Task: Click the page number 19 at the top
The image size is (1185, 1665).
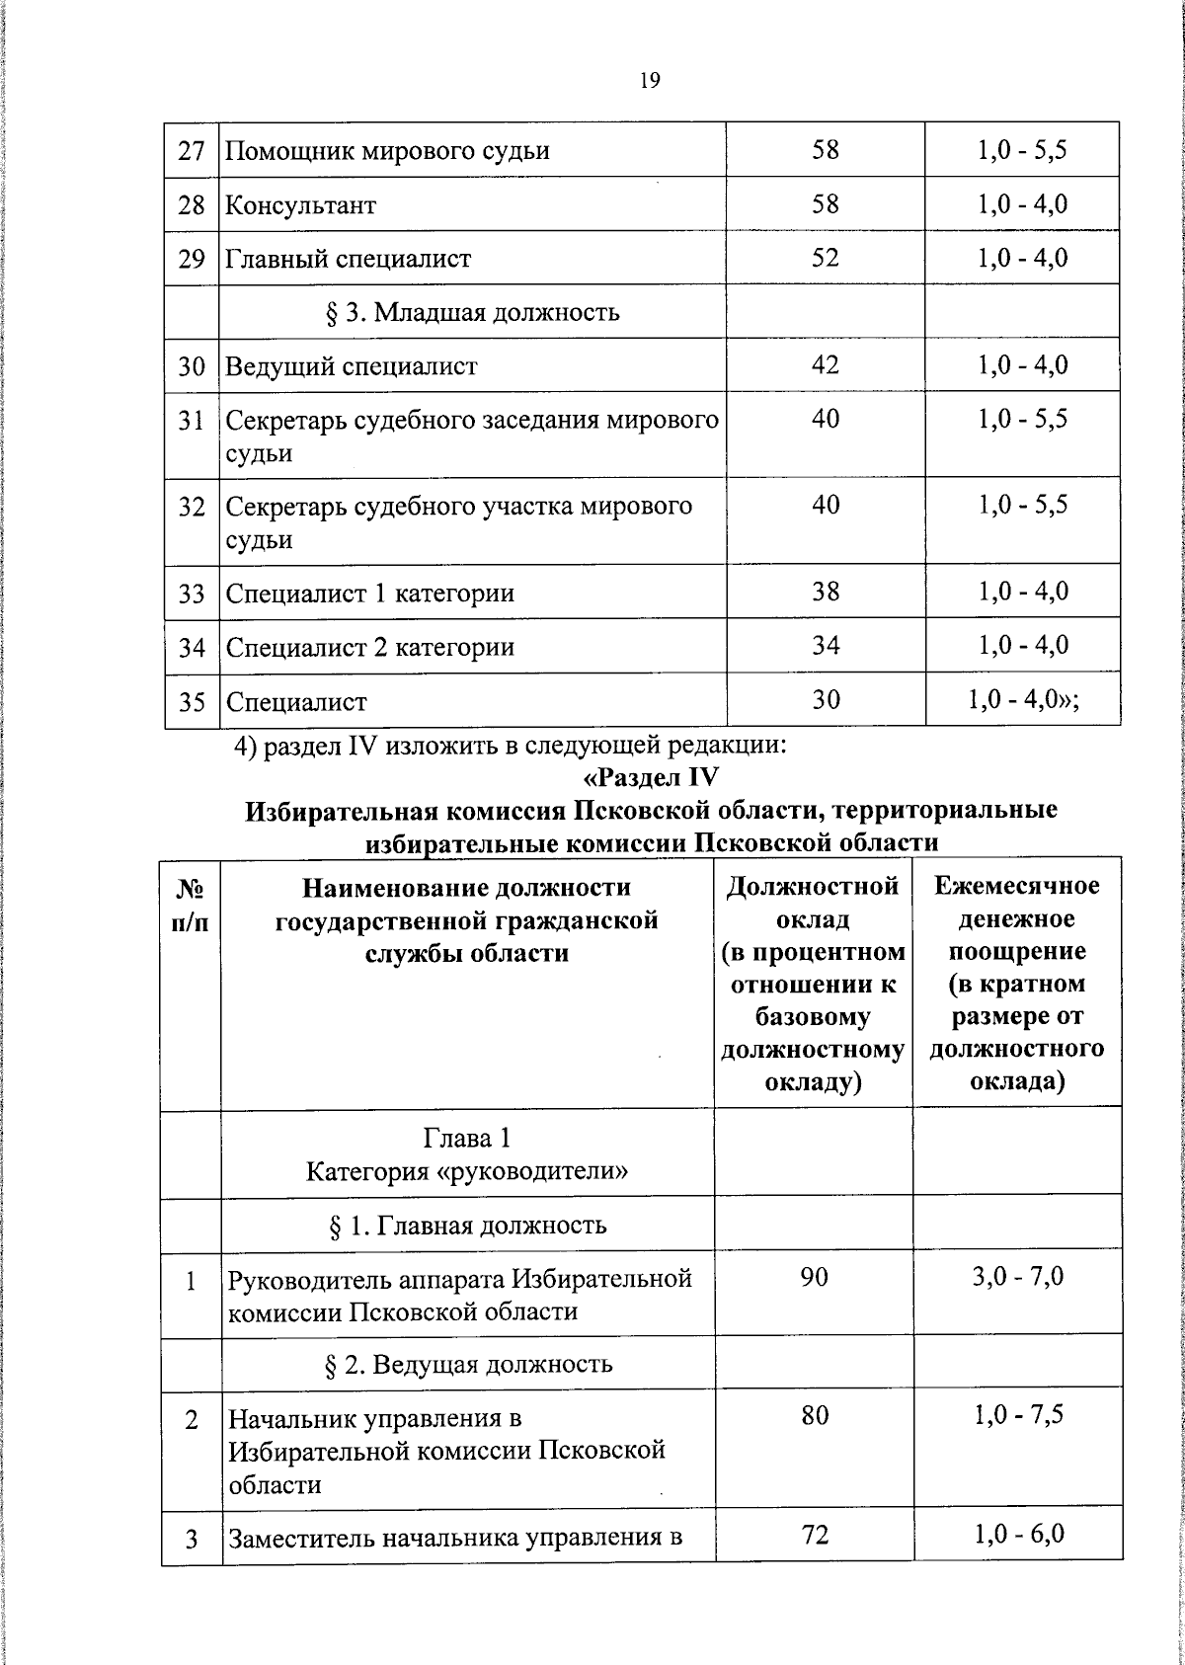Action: (649, 81)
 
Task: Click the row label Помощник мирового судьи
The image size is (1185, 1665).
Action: (387, 152)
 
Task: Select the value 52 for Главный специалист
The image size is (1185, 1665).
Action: (825, 258)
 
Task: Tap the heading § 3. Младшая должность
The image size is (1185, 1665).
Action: (472, 313)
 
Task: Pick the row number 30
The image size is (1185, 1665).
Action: (192, 367)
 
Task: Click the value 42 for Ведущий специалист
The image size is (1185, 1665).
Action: (825, 365)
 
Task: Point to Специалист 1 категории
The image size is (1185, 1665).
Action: (369, 594)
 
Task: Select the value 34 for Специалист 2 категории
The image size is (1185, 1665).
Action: (825, 646)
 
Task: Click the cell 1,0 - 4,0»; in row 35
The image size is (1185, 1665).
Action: (1023, 700)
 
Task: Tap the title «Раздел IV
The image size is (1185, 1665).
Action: (650, 777)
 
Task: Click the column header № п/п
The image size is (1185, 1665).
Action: (191, 903)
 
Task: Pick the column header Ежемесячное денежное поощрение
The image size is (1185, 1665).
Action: (1017, 983)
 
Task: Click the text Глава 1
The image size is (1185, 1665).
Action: (467, 1139)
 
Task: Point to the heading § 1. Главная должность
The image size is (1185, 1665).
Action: (467, 1227)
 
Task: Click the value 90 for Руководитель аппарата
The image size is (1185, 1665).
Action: (814, 1277)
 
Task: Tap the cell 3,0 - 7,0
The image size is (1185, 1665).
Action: (1017, 1277)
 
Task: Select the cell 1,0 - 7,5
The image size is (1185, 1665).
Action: (1017, 1416)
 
